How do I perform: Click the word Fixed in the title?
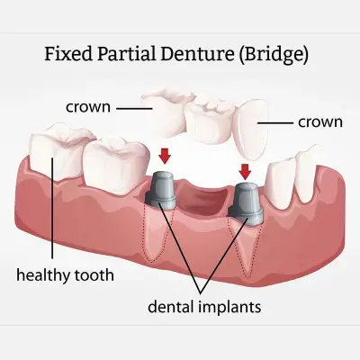click(68, 54)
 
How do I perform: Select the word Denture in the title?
click(197, 54)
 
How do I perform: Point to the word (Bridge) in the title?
click(274, 55)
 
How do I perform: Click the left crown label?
click(88, 107)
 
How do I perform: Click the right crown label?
click(320, 122)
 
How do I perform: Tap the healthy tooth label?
click(65, 275)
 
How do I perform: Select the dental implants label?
click(204, 307)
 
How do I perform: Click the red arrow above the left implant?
click(165, 157)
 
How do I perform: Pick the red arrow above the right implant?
click(246, 172)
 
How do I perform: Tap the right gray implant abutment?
click(246, 202)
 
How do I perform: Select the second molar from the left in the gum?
click(115, 165)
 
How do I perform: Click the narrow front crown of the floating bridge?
click(251, 130)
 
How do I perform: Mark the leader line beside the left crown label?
click(134, 108)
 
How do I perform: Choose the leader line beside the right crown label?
click(275, 123)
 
